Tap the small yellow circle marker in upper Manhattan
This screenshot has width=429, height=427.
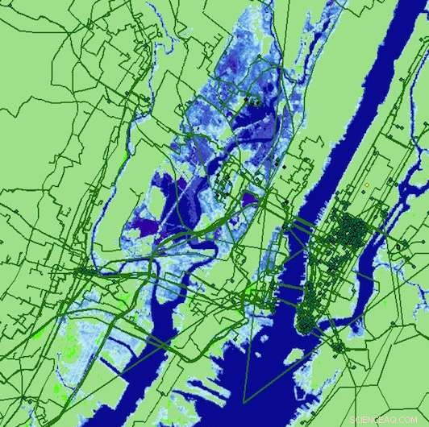coord(366,185)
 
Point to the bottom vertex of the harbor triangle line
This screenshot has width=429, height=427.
coord(243,400)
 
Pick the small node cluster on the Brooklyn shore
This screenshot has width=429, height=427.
coord(339,347)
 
